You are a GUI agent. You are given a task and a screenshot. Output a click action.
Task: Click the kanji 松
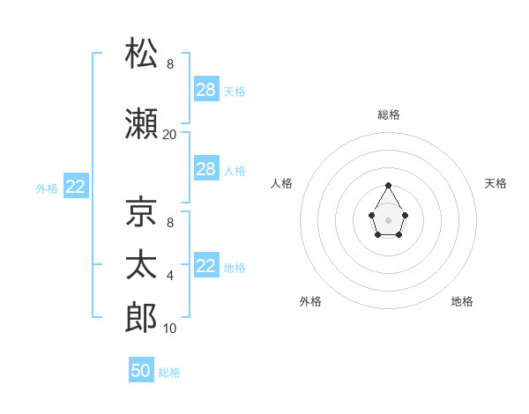point(141,53)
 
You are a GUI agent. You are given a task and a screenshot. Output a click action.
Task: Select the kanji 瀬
point(141,123)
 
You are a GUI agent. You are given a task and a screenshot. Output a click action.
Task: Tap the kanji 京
point(141,211)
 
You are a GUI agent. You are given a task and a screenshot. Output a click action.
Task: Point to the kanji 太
point(141,264)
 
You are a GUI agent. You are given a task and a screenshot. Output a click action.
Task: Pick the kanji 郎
point(141,317)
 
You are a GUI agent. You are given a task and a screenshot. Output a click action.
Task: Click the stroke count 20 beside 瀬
point(169,135)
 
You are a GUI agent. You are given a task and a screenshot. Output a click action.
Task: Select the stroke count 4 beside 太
point(170,276)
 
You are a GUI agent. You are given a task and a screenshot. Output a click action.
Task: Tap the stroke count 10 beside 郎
point(169,329)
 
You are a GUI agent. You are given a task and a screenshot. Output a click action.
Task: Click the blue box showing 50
point(141,369)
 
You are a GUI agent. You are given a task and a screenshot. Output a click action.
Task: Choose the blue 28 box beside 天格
point(206,89)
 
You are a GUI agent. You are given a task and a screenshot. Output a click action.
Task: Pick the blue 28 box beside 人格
point(206,168)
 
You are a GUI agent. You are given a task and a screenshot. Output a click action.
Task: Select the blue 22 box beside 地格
point(206,264)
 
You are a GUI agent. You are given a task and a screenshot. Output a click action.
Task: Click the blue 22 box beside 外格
point(76,186)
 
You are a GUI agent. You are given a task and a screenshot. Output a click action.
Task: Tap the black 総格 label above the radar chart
point(389,115)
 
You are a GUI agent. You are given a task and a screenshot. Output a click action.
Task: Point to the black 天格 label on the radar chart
point(495,183)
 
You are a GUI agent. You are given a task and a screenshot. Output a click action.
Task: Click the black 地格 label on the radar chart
point(462,301)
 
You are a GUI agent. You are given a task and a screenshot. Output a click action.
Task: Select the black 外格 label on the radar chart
point(310,301)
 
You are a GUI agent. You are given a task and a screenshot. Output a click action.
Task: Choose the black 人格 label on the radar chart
point(281,183)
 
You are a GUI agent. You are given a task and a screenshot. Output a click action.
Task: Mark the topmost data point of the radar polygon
point(388,185)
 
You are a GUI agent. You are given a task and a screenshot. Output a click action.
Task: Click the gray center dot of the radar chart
point(388,220)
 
